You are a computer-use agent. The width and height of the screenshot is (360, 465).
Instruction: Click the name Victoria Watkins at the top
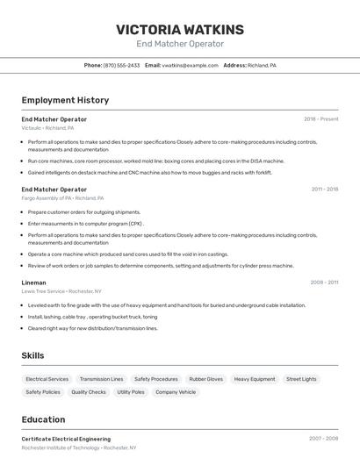coord(180,29)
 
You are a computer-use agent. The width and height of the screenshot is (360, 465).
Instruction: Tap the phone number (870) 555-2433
coord(121,65)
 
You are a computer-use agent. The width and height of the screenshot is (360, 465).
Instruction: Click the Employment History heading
coord(65,100)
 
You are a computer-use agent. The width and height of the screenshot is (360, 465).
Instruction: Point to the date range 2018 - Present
coord(320,118)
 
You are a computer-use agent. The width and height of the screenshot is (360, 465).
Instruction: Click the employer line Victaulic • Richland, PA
coord(47,127)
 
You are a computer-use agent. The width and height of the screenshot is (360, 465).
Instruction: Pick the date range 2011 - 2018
coord(324,189)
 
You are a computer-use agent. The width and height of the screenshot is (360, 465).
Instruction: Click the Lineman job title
coord(33,283)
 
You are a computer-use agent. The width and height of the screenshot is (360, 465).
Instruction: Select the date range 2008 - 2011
coord(324,283)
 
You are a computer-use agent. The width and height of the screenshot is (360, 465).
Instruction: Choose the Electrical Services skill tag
coord(47,379)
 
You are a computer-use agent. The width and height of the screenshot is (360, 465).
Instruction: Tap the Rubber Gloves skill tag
coord(206,379)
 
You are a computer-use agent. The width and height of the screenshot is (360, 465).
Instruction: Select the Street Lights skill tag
coord(301,379)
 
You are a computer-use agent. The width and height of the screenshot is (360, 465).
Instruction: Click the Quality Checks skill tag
coord(89,392)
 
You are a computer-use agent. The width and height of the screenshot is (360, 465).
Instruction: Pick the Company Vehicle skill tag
coord(176,392)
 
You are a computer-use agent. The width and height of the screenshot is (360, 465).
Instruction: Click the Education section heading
coord(43,419)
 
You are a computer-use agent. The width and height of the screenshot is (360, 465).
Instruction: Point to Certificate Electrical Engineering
coord(66,439)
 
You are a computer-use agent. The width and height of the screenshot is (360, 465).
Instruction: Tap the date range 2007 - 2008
coord(323,439)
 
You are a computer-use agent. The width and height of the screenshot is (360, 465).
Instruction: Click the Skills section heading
coord(32,355)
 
